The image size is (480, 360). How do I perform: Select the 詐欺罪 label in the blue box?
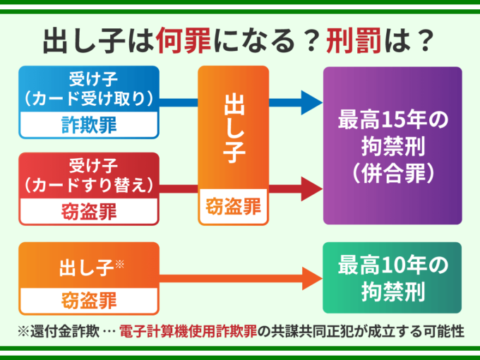click(89, 126)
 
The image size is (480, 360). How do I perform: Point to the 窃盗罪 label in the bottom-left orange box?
click(89, 299)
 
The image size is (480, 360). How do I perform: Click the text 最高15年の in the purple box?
click(392, 120)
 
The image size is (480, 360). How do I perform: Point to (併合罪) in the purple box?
click(392, 173)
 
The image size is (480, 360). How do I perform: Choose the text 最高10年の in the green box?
click(392, 265)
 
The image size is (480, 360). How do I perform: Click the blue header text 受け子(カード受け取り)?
click(89, 89)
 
